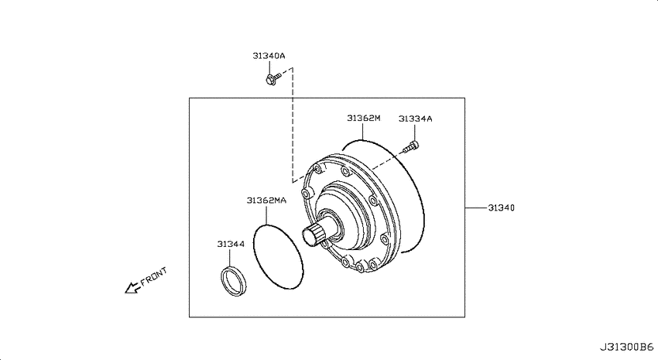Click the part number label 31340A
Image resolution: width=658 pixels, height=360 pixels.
pyautogui.click(x=269, y=56)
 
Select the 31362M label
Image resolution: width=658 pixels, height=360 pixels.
pyautogui.click(x=363, y=118)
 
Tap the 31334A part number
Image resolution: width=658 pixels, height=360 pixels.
pyautogui.click(x=415, y=118)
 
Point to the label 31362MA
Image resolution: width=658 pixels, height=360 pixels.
pyautogui.click(x=266, y=201)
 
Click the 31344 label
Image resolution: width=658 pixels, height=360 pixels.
pyautogui.click(x=231, y=244)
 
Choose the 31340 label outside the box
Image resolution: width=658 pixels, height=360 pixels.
pyautogui.click(x=501, y=207)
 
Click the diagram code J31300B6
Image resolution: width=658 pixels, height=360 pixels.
pyautogui.click(x=626, y=348)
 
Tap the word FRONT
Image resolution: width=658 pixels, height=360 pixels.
pyautogui.click(x=153, y=276)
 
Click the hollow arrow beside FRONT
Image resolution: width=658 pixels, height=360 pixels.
pyautogui.click(x=132, y=287)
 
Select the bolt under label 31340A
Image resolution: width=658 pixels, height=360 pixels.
pyautogui.click(x=272, y=78)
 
